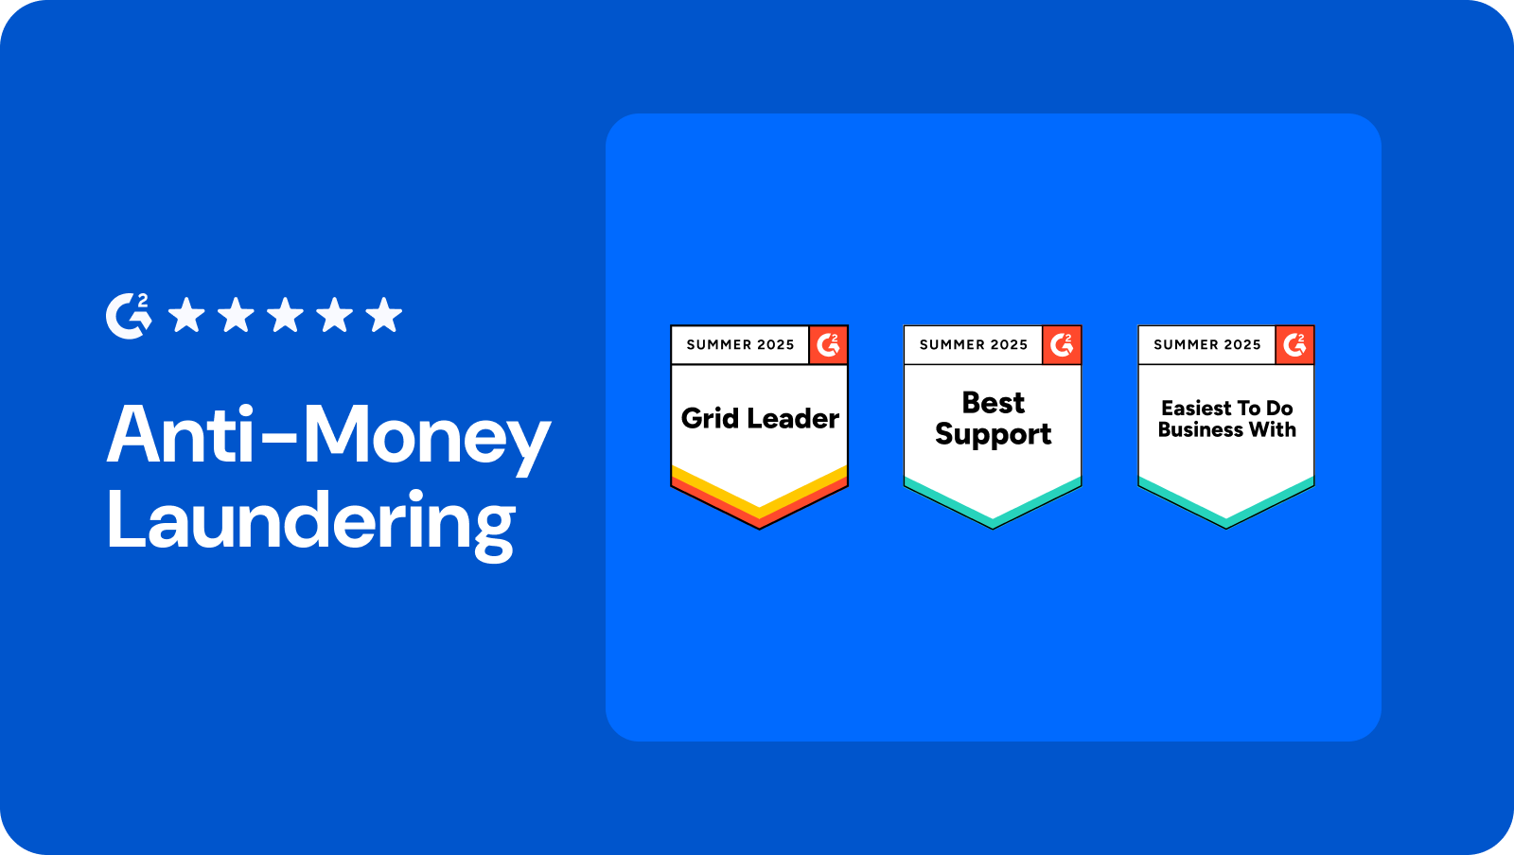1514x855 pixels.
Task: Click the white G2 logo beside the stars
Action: click(129, 316)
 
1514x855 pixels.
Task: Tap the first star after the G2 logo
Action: click(186, 315)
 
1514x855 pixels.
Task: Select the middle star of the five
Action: click(285, 315)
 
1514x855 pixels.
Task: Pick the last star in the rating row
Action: click(384, 315)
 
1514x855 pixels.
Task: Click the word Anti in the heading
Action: click(180, 433)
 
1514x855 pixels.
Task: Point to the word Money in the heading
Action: click(427, 439)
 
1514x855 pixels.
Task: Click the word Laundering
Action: click(311, 523)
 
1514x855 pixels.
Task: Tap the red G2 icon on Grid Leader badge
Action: click(828, 345)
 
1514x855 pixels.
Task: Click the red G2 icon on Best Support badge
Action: click(1061, 345)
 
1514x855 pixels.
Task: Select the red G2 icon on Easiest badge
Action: click(1294, 345)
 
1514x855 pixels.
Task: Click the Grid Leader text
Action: click(760, 419)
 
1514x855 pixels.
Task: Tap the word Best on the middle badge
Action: click(993, 403)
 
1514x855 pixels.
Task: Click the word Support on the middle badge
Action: click(993, 434)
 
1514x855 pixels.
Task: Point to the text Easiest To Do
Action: click(1226, 408)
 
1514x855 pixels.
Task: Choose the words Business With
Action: click(1226, 429)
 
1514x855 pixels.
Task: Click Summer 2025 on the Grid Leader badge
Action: click(740, 345)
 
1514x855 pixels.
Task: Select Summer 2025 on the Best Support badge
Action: click(974, 345)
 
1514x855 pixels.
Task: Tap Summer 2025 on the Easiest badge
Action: click(1207, 345)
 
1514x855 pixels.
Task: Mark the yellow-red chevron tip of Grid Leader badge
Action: click(760, 528)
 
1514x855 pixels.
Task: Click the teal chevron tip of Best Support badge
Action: click(993, 527)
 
